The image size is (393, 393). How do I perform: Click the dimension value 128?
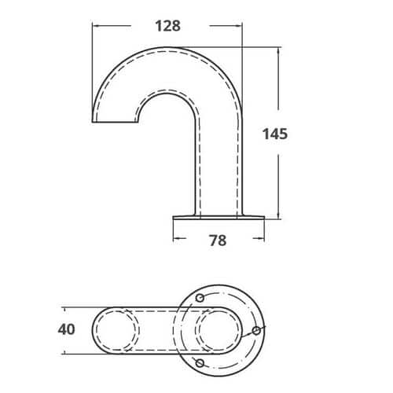tap(168, 26)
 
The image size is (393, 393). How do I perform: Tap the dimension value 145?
tap(275, 134)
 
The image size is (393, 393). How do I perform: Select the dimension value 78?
tap(218, 241)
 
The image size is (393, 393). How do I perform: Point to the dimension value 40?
tap(67, 329)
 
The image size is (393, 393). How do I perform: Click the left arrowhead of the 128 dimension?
tap(95, 26)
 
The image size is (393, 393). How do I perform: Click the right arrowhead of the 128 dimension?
tap(239, 26)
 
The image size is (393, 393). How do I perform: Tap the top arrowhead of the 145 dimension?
tap(278, 50)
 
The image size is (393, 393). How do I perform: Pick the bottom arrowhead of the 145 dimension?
tap(278, 215)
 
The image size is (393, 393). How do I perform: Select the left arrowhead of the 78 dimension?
tap(176, 238)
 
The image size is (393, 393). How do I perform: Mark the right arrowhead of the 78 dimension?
tap(261, 238)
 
